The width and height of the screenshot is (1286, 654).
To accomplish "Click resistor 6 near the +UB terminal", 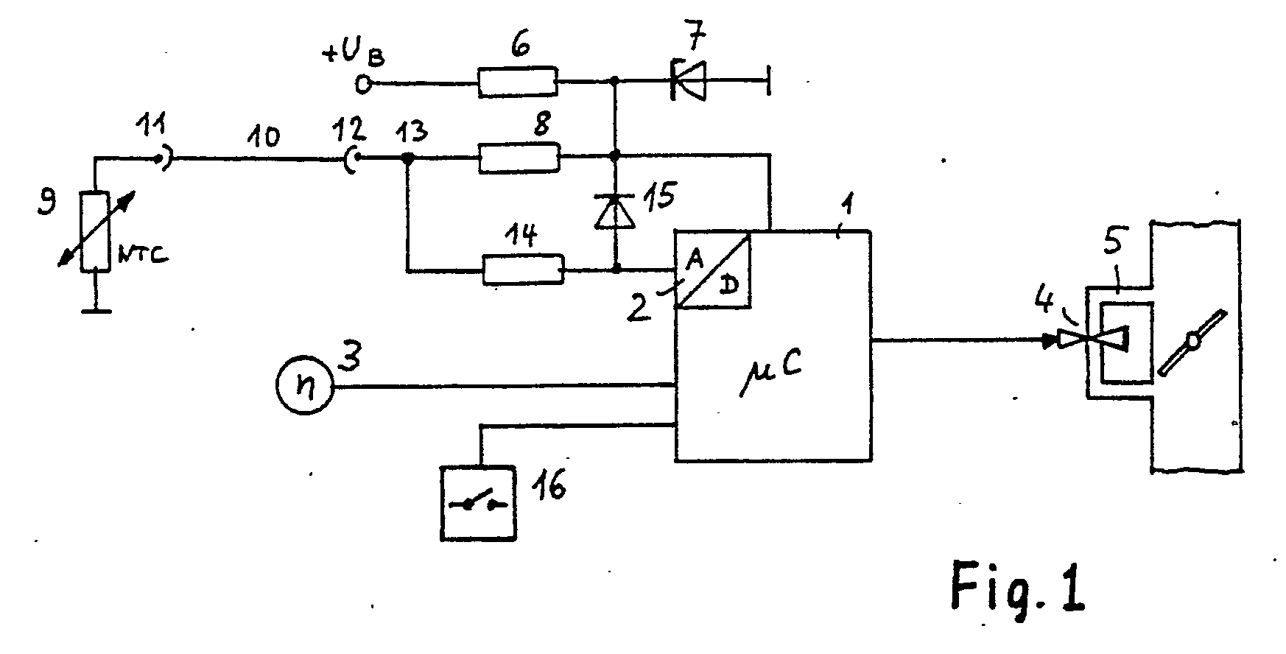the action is point(517,82).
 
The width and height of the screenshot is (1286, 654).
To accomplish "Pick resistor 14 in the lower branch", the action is point(523,270).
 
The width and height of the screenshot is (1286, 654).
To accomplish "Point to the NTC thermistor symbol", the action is point(96,231).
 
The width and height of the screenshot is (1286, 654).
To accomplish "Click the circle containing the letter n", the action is point(304,386).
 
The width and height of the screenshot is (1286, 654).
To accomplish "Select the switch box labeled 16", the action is point(478,503).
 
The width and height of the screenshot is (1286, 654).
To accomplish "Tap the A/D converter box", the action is point(713,270).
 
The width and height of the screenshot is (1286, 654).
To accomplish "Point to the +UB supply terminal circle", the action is point(363,85).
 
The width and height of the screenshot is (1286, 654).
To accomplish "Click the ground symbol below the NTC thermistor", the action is point(96,312).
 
